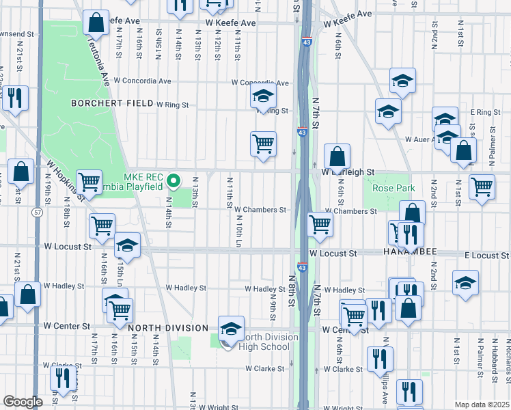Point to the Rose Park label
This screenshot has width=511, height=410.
pos(389,187)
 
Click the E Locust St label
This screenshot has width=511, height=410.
pos(485,255)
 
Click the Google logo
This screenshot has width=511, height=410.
pos(23,402)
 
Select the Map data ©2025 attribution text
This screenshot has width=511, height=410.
pos(482,405)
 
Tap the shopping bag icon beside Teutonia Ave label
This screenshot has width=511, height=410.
pos(96,23)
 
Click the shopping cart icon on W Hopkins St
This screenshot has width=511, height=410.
pos(89,182)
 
